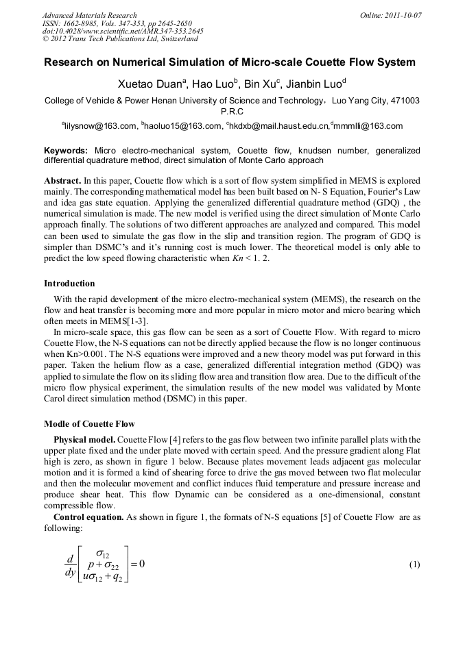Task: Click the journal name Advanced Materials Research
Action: pos(89,15)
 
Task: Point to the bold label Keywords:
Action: pos(66,150)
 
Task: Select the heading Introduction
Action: pos(69,283)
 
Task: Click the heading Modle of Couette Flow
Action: pos(89,423)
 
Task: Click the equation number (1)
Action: pos(414,565)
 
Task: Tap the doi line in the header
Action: pos(122,31)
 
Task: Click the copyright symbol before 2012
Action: pos(45,38)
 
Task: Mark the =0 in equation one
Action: pos(137,565)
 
